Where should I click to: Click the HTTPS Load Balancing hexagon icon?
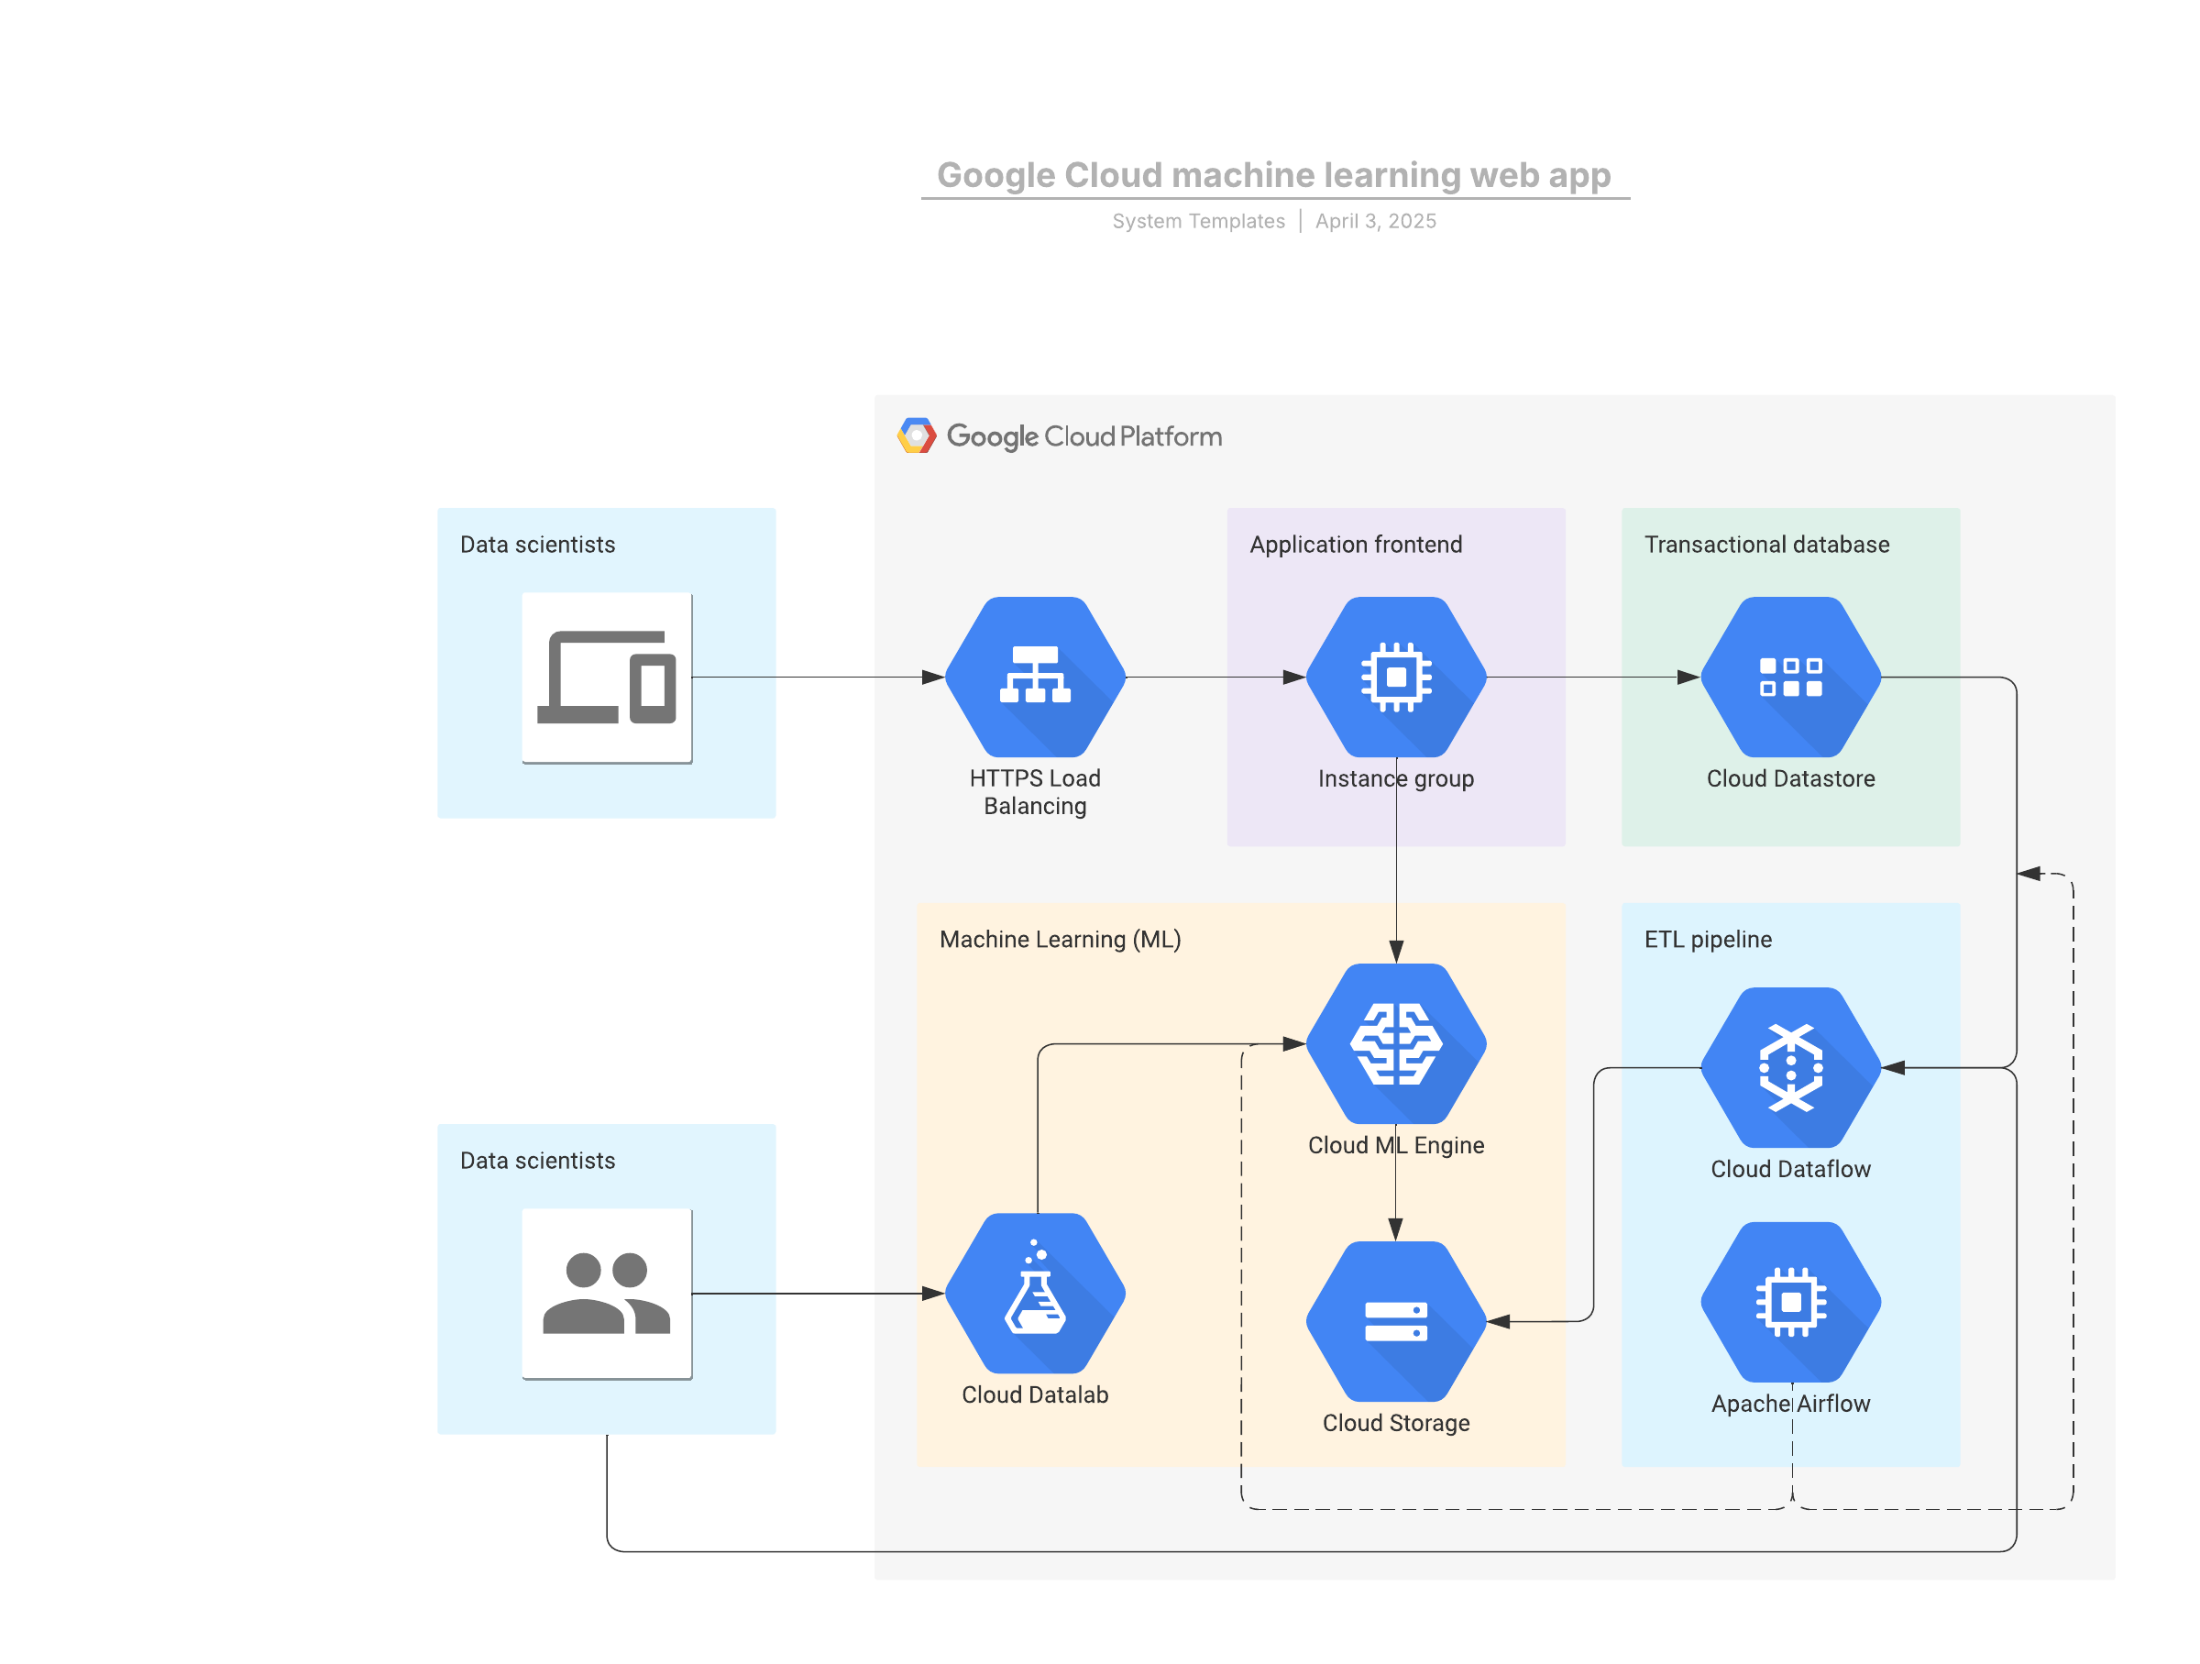(x=1034, y=677)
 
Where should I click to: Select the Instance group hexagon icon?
(x=1395, y=677)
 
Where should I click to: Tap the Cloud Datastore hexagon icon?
(x=1790, y=677)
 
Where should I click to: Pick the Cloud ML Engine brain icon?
(x=1395, y=1043)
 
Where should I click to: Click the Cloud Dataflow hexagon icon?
(x=1790, y=1067)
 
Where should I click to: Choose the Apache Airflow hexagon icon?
(x=1790, y=1302)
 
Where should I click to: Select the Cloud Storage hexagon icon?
(x=1395, y=1321)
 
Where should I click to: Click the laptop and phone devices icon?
(x=607, y=678)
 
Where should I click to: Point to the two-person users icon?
(x=607, y=1293)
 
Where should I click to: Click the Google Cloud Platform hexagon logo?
(x=916, y=435)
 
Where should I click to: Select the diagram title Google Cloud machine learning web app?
(x=1273, y=175)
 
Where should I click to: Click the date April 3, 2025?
(x=1376, y=221)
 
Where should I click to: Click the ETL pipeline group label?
(x=1708, y=939)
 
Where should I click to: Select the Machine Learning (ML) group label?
(x=1061, y=939)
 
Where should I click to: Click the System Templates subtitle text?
(x=1198, y=221)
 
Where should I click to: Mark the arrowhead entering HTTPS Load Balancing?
(x=933, y=678)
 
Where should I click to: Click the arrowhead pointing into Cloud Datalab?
(x=933, y=1293)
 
